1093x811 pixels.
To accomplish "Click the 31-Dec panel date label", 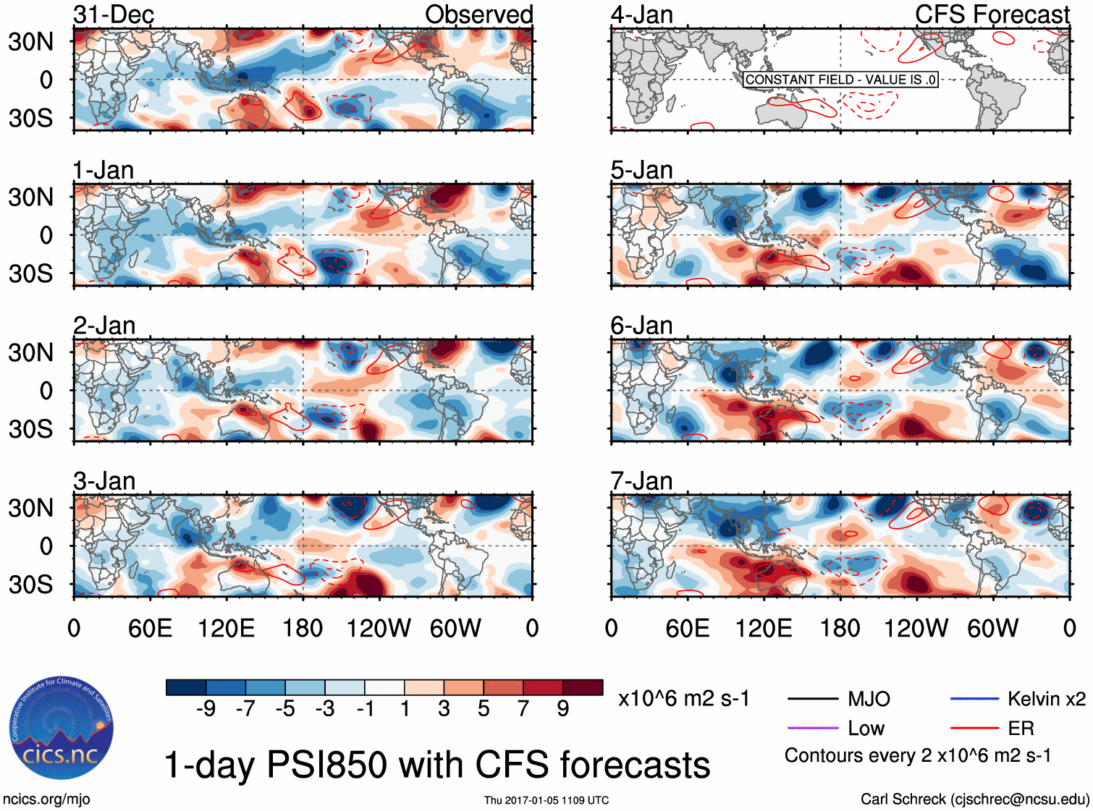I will [x=114, y=14].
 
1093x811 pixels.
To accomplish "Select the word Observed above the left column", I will [x=478, y=14].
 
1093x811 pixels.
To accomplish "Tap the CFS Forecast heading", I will [x=992, y=14].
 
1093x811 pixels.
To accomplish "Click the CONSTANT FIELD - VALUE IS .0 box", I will [x=840, y=80].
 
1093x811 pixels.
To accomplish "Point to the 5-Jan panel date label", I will [x=641, y=170].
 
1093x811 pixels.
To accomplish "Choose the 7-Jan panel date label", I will [x=641, y=481].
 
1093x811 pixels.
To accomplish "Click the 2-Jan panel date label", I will [x=104, y=326].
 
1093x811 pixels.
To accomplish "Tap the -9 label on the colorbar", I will [x=206, y=708].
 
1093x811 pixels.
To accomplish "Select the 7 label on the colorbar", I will [x=523, y=708].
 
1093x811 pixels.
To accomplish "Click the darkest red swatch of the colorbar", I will [x=583, y=687].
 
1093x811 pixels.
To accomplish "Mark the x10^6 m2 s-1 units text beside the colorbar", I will [x=683, y=699].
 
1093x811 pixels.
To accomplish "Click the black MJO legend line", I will [x=812, y=699].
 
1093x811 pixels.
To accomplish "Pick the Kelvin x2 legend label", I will [x=1047, y=699].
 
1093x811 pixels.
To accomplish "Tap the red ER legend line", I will [x=974, y=728].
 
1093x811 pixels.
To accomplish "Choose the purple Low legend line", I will [x=812, y=728].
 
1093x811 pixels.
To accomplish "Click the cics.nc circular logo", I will [x=61, y=728].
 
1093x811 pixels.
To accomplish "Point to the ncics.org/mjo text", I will [x=46, y=799].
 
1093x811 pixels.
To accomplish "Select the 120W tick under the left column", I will [x=379, y=628].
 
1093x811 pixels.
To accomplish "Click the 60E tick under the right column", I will [x=687, y=628].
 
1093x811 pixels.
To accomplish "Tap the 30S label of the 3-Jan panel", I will [x=30, y=585].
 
